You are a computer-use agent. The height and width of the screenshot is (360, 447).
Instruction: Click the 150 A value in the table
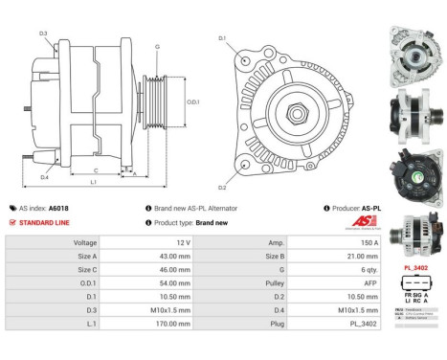click(342, 243)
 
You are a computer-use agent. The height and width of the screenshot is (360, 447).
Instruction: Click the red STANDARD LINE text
click(44, 222)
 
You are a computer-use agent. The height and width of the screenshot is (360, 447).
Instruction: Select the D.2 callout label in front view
click(222, 188)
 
